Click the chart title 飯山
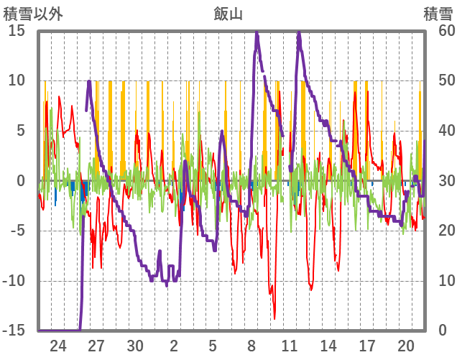coord(228,13)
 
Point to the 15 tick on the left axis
coord(17,31)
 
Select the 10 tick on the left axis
coord(17,80)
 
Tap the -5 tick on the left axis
coord(18,231)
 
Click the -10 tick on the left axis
coord(14,281)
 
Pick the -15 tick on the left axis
coord(14,331)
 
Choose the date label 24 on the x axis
coord(58,344)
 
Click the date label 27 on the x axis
coord(97,344)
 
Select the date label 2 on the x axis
coord(174,344)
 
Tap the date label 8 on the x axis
coord(251,344)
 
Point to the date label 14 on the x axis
coord(328,344)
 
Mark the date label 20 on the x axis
coord(406,344)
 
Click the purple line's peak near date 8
coord(257,32)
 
